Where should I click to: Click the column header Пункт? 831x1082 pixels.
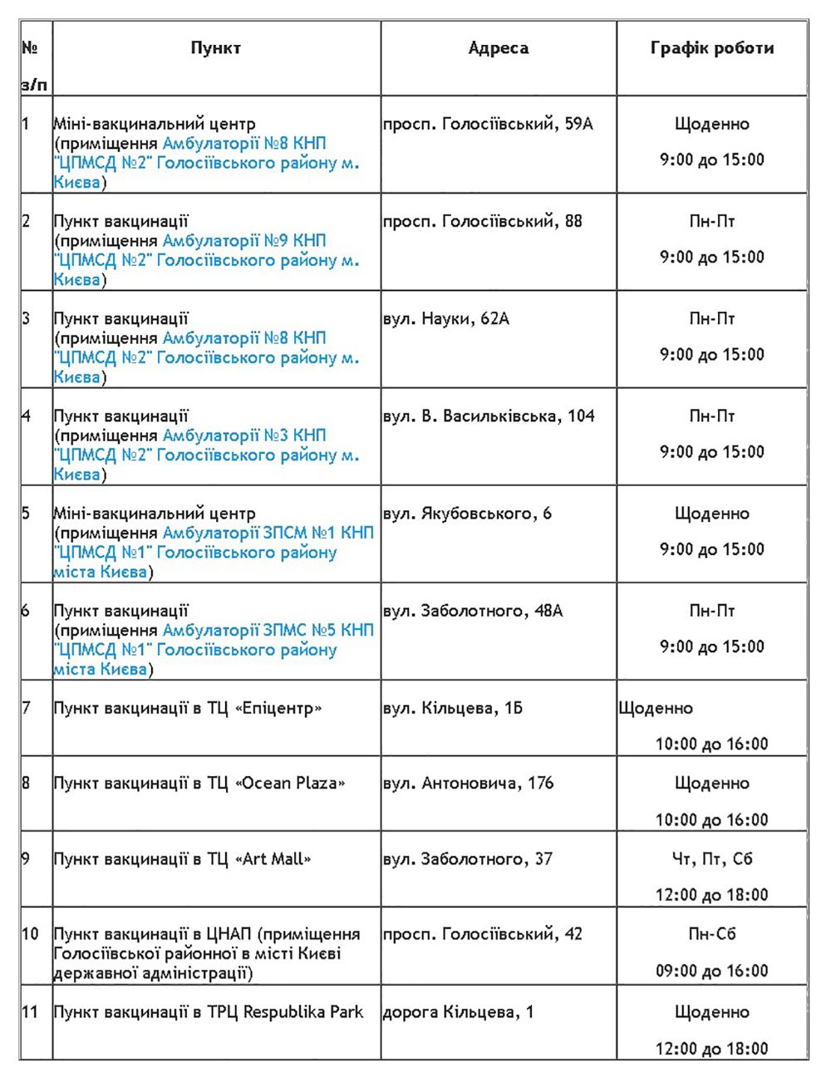[x=215, y=48]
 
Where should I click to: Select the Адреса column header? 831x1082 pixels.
[x=498, y=48]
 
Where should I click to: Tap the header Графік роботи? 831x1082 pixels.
[x=711, y=48]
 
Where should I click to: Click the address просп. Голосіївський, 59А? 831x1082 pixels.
[x=488, y=124]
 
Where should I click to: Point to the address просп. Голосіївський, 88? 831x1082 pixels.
[x=482, y=221]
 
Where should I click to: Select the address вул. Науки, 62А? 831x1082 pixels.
[x=445, y=318]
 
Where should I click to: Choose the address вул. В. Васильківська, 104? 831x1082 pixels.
[x=489, y=416]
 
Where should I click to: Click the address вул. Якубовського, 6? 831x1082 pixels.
[x=467, y=513]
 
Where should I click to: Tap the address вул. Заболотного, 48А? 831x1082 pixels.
[x=473, y=611]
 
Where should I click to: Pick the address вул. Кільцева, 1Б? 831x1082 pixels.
[x=453, y=708]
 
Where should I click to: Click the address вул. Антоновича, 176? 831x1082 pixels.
[x=468, y=783]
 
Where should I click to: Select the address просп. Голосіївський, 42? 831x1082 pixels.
[x=482, y=934]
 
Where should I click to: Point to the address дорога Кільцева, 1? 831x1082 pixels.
[x=458, y=1012]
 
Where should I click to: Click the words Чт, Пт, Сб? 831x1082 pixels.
[x=712, y=858]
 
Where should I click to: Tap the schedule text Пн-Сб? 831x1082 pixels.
[x=712, y=934]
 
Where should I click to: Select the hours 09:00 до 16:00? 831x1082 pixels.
[x=712, y=971]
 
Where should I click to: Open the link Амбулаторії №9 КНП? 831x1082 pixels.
[x=244, y=241]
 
